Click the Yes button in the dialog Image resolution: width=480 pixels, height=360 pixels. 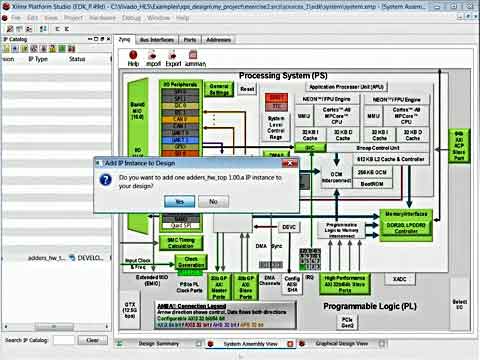click(x=179, y=201)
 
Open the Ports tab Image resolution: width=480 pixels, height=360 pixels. click(x=190, y=39)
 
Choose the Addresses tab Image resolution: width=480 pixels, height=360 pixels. click(x=219, y=39)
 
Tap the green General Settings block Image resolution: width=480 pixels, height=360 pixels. click(x=219, y=90)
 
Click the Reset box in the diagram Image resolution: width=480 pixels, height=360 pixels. click(x=247, y=88)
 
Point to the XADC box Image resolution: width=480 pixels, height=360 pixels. click(x=400, y=278)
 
